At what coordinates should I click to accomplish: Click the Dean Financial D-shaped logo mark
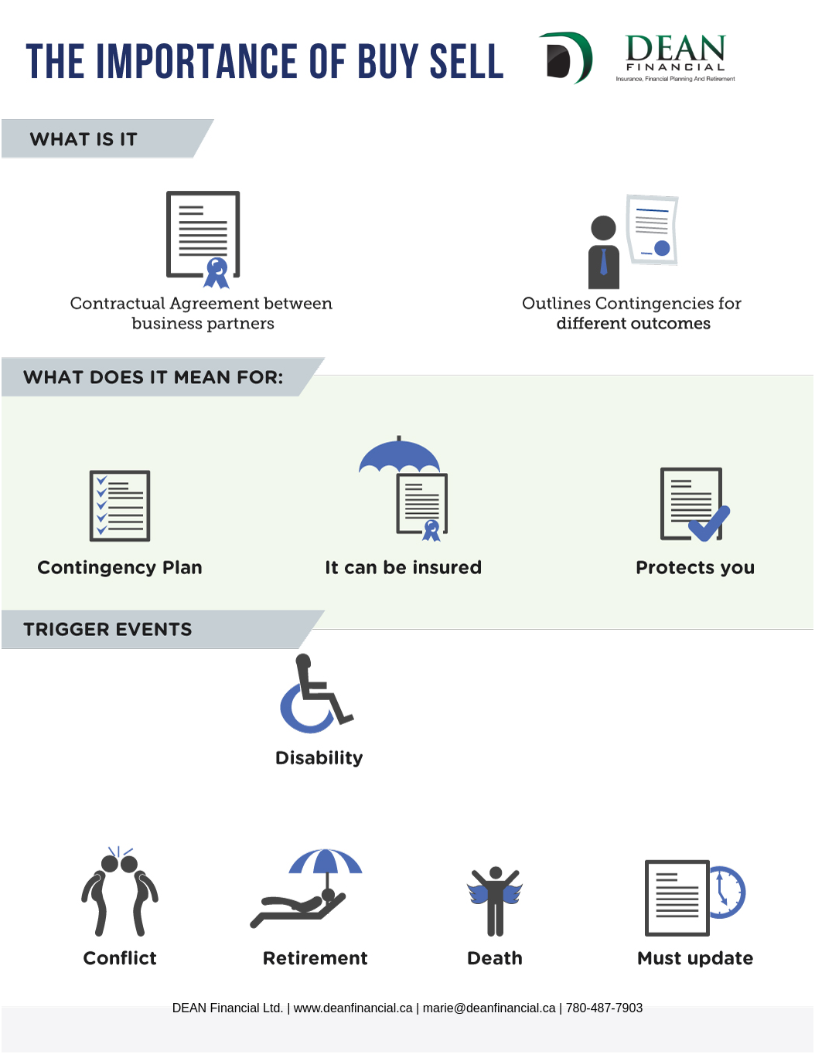566,58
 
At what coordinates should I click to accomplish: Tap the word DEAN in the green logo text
675,48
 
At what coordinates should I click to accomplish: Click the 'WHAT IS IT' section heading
84,139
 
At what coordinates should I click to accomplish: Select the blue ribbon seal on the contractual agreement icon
217,273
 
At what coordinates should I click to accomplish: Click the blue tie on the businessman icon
603,262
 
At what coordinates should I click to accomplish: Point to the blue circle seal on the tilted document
662,248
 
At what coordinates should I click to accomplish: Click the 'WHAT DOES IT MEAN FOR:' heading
153,377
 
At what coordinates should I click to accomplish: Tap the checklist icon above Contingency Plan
120,505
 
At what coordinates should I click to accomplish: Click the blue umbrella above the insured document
399,455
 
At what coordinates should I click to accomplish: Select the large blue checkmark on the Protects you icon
709,524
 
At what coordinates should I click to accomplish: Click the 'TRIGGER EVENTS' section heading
107,629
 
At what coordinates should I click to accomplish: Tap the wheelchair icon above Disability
316,693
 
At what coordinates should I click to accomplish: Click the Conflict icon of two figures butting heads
119,892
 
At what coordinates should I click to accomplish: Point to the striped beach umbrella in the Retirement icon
326,862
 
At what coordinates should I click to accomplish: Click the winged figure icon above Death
495,901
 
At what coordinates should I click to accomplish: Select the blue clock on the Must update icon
727,892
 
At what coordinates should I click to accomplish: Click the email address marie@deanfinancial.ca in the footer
489,1008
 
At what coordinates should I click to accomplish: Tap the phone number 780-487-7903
604,1008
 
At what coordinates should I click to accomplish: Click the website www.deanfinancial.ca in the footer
353,1008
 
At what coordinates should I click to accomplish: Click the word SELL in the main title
467,61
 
